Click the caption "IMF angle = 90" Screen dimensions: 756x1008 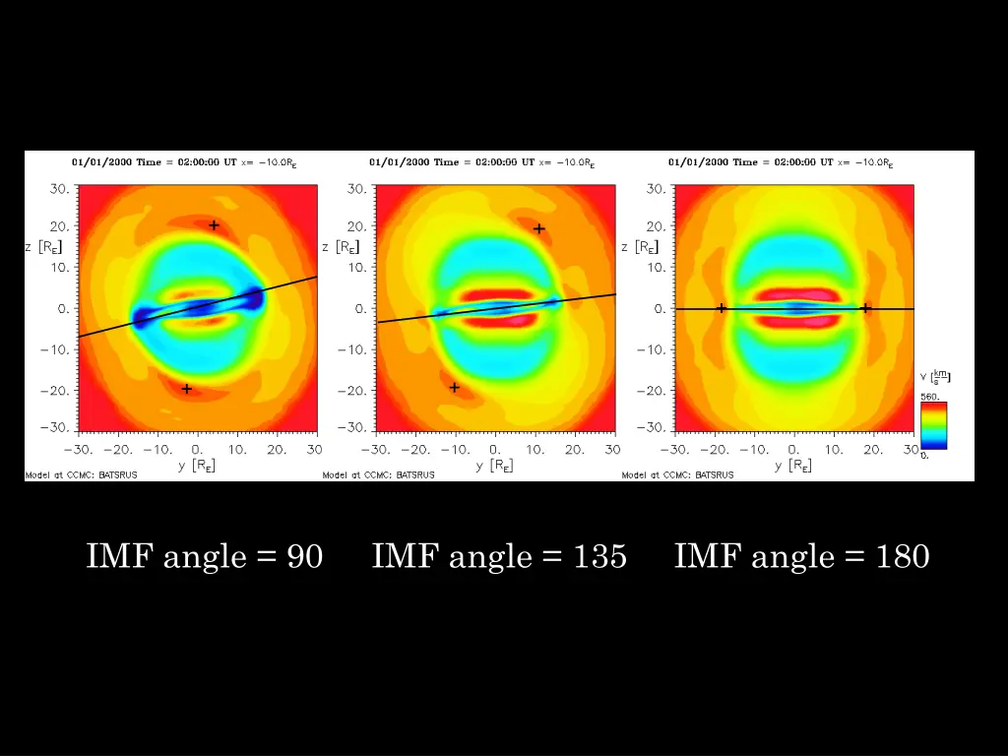click(205, 556)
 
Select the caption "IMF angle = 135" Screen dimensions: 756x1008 click(499, 556)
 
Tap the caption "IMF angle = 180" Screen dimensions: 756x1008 click(801, 556)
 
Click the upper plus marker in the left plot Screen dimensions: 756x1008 click(214, 225)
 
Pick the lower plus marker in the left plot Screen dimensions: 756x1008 click(186, 389)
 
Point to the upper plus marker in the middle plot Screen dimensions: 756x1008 click(538, 229)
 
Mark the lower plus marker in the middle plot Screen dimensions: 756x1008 click(454, 387)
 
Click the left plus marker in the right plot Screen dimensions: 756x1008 click(721, 308)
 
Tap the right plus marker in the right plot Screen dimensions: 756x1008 click(865, 308)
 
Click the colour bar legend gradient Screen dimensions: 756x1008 click(933, 425)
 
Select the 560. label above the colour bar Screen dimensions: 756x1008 click(930, 396)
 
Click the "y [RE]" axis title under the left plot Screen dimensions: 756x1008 click(197, 465)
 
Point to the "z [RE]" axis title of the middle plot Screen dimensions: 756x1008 click(341, 247)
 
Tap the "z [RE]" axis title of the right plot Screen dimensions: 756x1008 click(640, 247)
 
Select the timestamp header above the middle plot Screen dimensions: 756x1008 click(481, 162)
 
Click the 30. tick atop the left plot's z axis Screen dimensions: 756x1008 click(59, 189)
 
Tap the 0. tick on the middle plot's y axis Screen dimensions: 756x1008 click(494, 450)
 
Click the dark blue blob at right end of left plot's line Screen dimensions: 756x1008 click(253, 296)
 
